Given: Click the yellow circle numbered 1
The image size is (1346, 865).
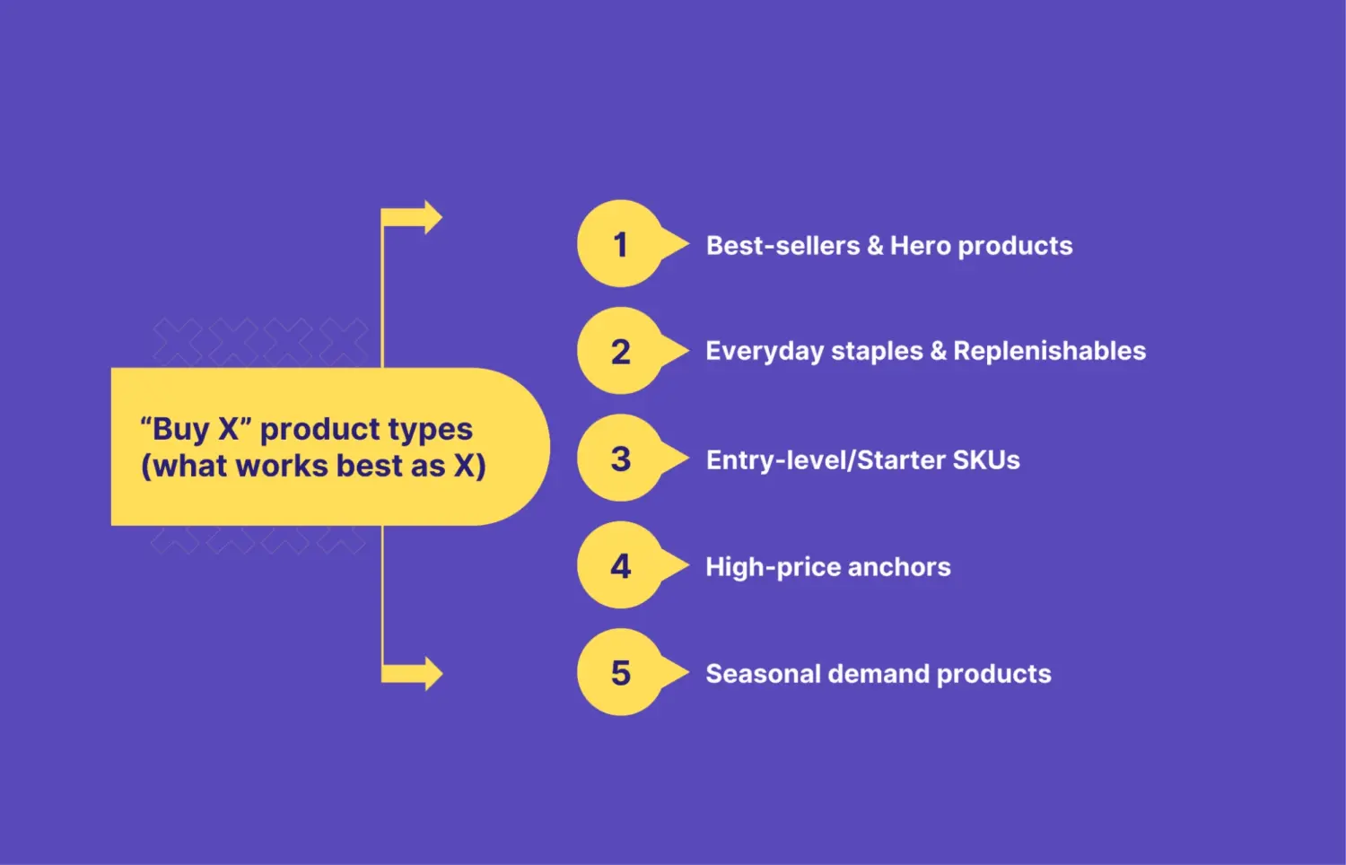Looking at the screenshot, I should pos(620,244).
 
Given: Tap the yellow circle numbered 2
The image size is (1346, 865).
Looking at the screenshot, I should pos(620,351).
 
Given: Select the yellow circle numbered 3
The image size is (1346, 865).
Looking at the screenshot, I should pos(620,459).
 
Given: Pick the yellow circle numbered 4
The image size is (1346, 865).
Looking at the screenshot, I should pos(620,565).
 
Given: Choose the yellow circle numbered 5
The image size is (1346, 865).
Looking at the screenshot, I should pos(620,672).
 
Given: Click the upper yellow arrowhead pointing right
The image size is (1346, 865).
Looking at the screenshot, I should pos(432,218).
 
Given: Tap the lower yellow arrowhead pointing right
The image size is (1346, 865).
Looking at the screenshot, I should pos(432,674).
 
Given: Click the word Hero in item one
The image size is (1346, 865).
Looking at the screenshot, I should pos(920,246).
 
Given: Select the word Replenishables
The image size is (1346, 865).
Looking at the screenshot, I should pos(1049,351).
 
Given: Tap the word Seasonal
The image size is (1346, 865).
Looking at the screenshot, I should pos(763,674).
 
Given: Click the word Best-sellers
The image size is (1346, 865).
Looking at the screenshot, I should pos(782,246).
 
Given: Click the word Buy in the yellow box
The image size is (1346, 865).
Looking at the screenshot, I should pos(181,430).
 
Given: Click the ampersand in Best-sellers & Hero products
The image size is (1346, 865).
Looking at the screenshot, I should pos(875,246).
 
